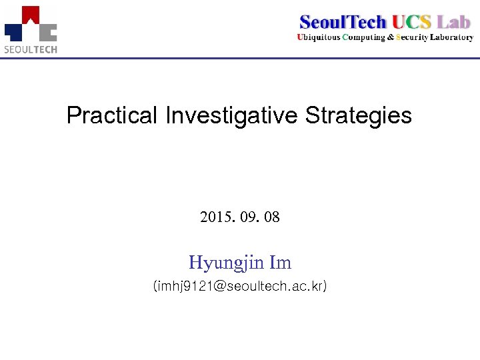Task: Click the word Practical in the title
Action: coord(112,116)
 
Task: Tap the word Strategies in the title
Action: coord(359,116)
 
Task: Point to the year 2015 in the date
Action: coord(215,217)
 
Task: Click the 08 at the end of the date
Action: coord(272,217)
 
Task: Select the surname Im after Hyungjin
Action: coord(281,262)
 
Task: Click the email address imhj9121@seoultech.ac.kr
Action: coord(240,287)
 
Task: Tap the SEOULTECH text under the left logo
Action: coord(31,49)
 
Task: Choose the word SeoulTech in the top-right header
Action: coord(343,21)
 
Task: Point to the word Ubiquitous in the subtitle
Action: coord(318,37)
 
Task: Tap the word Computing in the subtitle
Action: coord(363,37)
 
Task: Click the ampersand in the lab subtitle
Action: coord(391,37)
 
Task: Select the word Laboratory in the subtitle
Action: coord(451,37)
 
